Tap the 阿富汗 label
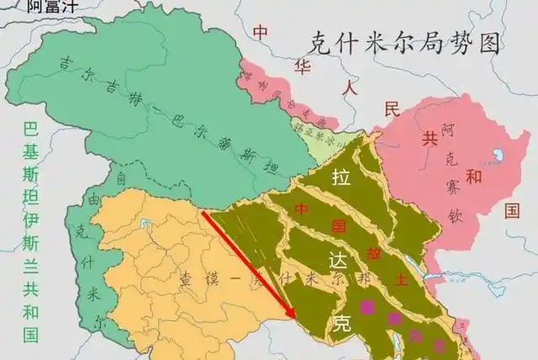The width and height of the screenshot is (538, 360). pos(52,7)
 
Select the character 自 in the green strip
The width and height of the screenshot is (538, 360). pos(122,178)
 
